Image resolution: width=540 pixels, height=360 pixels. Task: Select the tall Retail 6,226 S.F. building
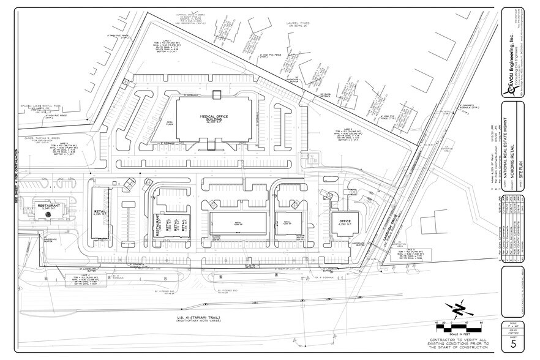tap(99, 212)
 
